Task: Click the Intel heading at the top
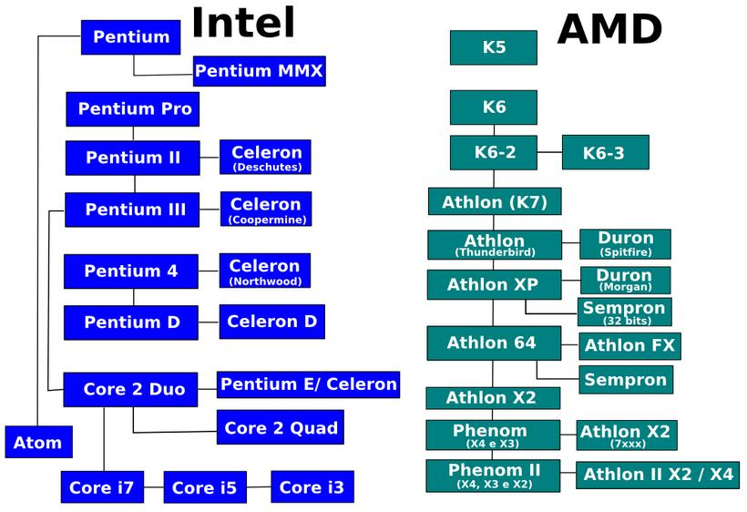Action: [x=243, y=23]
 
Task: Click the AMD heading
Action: [x=609, y=29]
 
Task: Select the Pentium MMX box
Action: [x=259, y=71]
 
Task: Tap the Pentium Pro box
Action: [x=133, y=109]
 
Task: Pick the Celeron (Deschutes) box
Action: [x=265, y=157]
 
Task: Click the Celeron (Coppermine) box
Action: [x=265, y=209]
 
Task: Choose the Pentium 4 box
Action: [x=130, y=271]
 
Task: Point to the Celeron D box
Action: [x=271, y=322]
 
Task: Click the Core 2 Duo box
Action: [x=134, y=389]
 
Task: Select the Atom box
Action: [x=37, y=444]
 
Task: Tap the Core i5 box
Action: [x=204, y=487]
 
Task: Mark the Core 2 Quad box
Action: [x=281, y=427]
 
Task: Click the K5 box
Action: [x=493, y=47]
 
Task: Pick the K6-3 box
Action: [x=604, y=153]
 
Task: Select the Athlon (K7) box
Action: [x=494, y=201]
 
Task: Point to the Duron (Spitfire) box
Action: [x=625, y=243]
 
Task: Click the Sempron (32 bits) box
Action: [x=624, y=312]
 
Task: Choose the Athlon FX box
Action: [x=629, y=345]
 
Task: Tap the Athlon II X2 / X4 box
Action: [x=658, y=475]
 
